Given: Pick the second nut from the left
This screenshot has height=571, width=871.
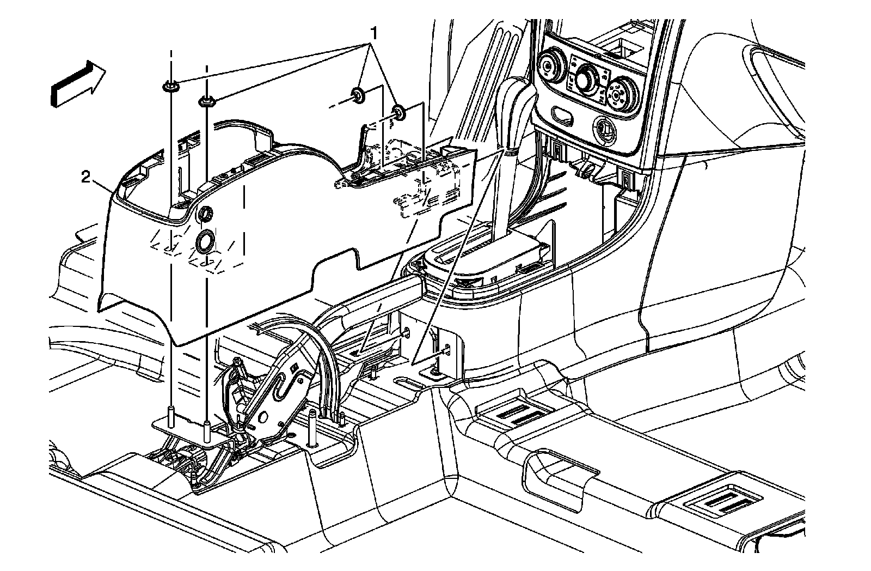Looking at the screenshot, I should coord(206,100).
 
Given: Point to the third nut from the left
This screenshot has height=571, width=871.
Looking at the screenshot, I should coord(358,94).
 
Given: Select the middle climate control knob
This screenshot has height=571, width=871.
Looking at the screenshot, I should coord(587,77).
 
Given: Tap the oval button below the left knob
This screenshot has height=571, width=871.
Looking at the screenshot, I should coord(561,114).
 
